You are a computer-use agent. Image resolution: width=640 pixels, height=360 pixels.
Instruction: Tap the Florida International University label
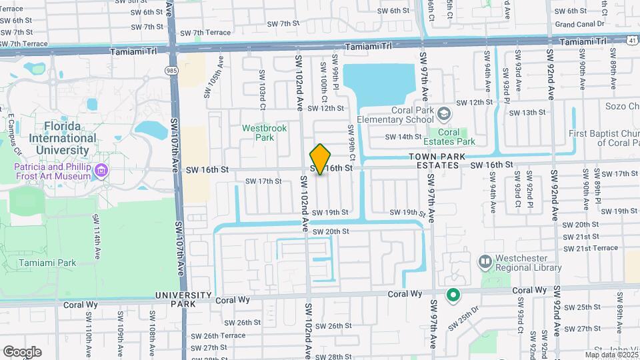pyautogui.click(x=53, y=138)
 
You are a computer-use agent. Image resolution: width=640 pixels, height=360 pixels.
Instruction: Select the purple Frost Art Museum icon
pyautogui.click(x=101, y=171)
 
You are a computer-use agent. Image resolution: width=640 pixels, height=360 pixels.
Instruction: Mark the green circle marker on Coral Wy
pyautogui.click(x=453, y=293)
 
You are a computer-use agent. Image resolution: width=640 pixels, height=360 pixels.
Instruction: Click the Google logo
pyautogui.click(x=22, y=351)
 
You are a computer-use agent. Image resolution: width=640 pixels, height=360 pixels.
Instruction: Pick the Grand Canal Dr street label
pyautogui.click(x=579, y=24)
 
